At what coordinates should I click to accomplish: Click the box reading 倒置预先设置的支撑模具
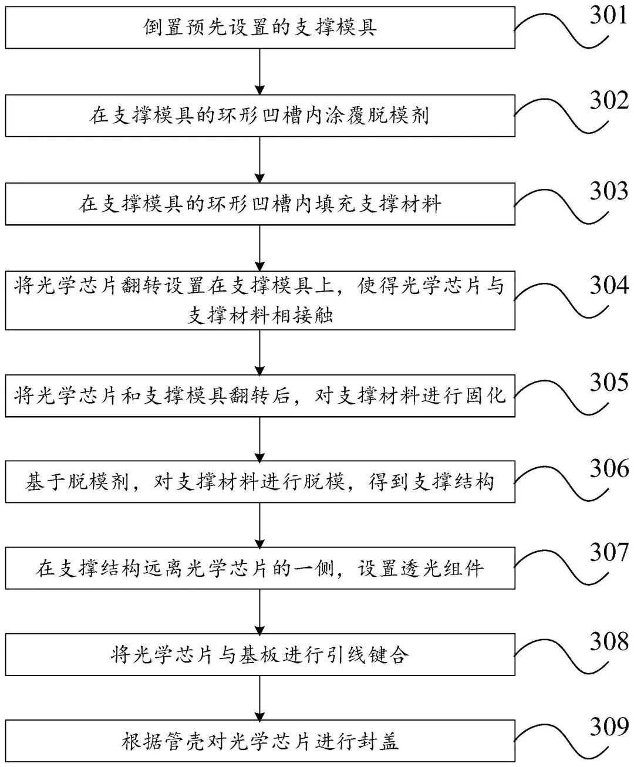260,27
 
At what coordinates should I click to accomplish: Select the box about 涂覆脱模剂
260,116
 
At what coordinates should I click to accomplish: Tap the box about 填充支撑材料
260,204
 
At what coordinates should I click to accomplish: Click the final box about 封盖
260,742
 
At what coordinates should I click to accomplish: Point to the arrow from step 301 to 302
260,71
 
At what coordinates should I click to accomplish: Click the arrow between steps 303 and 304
260,247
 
